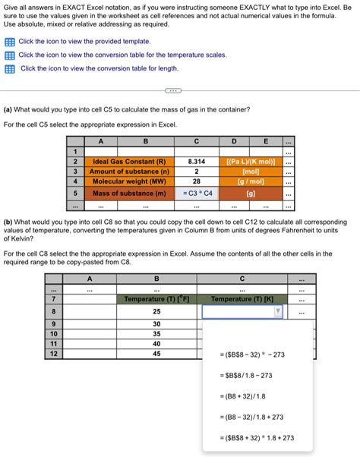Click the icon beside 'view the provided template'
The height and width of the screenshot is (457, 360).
click(x=10, y=42)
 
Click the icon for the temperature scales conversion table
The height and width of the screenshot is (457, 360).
click(x=10, y=55)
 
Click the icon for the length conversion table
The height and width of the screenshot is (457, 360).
click(x=10, y=68)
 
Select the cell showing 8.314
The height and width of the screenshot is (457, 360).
click(x=196, y=162)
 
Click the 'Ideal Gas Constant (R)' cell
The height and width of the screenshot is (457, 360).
click(x=128, y=162)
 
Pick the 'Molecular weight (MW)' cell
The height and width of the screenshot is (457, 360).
click(x=128, y=182)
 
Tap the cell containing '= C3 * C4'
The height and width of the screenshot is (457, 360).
click(x=196, y=193)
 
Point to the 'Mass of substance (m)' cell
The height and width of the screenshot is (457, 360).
click(x=128, y=193)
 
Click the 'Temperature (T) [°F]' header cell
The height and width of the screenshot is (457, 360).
click(x=156, y=299)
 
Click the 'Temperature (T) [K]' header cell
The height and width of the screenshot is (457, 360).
click(x=242, y=299)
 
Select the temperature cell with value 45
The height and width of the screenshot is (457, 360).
click(x=156, y=353)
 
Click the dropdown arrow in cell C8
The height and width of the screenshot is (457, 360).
click(x=277, y=311)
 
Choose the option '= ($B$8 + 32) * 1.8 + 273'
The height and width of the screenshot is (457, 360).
click(x=256, y=437)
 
